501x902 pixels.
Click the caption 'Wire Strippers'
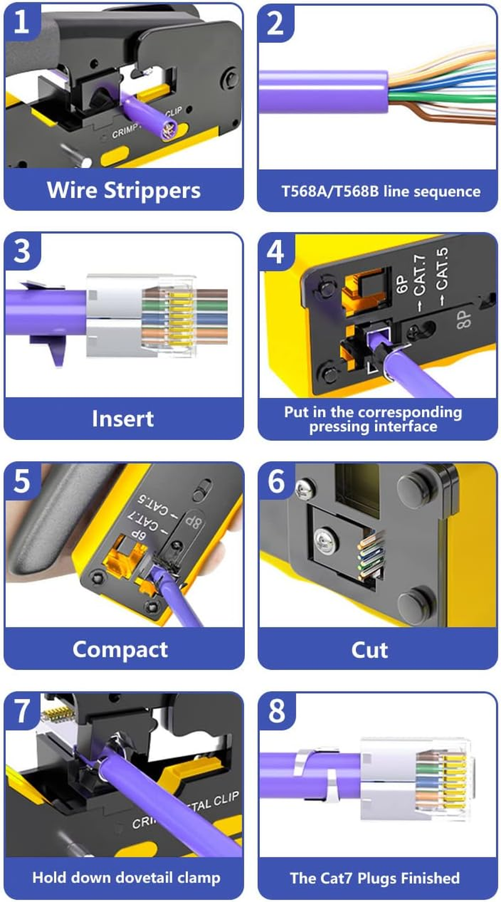point(123,190)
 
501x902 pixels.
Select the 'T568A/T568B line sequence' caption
point(377,191)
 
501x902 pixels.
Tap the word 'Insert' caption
point(123,419)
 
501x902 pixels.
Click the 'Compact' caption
point(120,649)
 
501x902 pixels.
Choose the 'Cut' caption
point(369,649)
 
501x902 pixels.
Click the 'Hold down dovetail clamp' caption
point(126,878)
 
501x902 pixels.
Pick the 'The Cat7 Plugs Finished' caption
point(374,878)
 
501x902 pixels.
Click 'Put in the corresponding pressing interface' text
point(373,419)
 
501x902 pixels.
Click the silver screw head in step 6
point(325,539)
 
